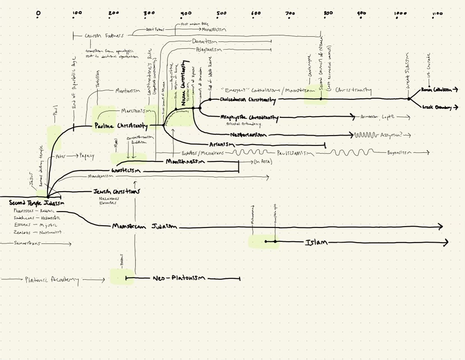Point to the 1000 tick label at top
point(400,14)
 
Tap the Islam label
point(316,243)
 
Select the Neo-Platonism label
point(178,278)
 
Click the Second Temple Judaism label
point(37,203)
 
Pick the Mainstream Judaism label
point(145,226)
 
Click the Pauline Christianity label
point(121,126)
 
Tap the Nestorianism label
point(248,135)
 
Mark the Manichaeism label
point(185,161)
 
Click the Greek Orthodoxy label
point(437,107)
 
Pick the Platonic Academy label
point(52,280)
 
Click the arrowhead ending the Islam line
point(446,243)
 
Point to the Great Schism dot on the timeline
point(408,99)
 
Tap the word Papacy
point(86,156)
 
